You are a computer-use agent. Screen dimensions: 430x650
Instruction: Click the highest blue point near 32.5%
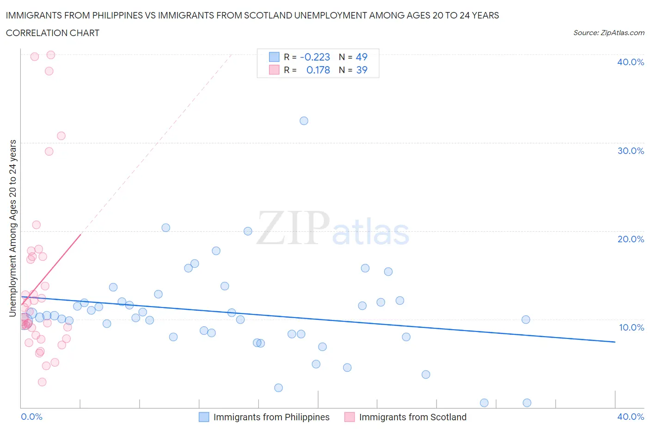304,121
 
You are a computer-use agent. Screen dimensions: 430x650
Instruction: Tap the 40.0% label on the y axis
630,62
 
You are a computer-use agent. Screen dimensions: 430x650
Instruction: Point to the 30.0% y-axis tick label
630,151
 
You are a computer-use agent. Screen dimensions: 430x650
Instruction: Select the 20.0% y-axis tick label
630,239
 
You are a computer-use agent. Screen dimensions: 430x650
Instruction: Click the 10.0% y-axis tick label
631,327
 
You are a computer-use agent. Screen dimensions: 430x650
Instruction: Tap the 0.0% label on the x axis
31,417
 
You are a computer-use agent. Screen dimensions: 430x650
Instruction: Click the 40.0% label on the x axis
630,417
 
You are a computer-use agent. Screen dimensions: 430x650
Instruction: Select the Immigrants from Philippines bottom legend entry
271,417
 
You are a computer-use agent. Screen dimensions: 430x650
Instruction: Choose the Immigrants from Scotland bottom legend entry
412,417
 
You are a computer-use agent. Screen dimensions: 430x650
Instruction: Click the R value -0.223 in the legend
315,57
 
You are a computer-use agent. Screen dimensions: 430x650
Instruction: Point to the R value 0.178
318,70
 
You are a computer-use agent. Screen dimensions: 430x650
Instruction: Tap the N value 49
362,57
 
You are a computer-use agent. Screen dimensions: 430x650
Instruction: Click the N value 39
362,70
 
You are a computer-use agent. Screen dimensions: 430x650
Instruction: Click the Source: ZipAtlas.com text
608,33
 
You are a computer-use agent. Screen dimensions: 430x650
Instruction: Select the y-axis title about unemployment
13,228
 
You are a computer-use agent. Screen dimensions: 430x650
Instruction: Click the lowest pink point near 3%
42,382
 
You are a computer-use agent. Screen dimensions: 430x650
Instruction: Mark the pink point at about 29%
49,151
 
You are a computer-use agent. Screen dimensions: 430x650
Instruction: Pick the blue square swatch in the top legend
274,57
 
